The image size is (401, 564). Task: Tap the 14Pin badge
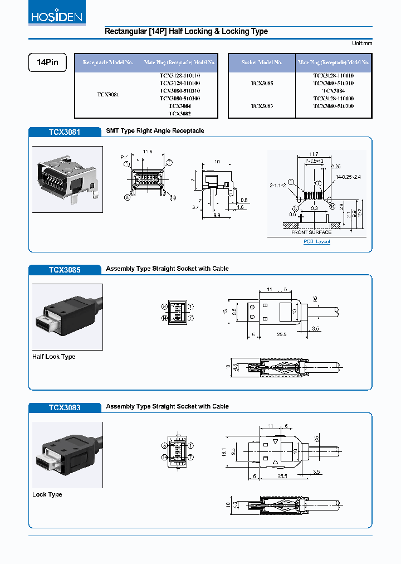(x=47, y=62)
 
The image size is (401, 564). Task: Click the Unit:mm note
(x=361, y=43)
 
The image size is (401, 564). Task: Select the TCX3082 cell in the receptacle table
(x=179, y=113)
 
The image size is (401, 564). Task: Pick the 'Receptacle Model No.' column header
(x=108, y=62)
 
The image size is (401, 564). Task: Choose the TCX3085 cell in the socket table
(x=262, y=83)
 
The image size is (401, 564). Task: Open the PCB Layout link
(x=316, y=241)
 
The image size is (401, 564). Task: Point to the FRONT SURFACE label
(x=311, y=232)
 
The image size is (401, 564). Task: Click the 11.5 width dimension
(x=147, y=152)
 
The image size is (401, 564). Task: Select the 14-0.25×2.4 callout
(x=349, y=177)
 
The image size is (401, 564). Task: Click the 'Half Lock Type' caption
(x=54, y=357)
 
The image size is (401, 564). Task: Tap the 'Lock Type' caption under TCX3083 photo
(x=47, y=494)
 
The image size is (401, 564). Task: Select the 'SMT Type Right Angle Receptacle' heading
(x=155, y=130)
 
